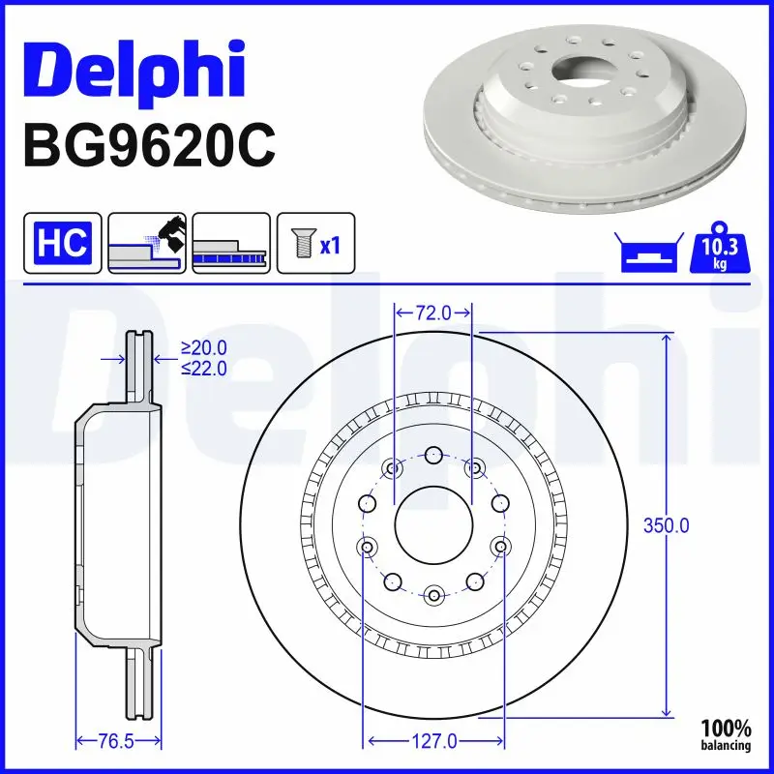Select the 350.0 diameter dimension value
(x=667, y=526)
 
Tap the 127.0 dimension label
(x=433, y=742)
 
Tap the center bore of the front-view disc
(x=433, y=525)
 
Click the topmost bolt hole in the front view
(x=433, y=456)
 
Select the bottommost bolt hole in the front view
(x=433, y=594)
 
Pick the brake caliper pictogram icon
(x=147, y=242)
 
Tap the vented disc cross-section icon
(x=231, y=242)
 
